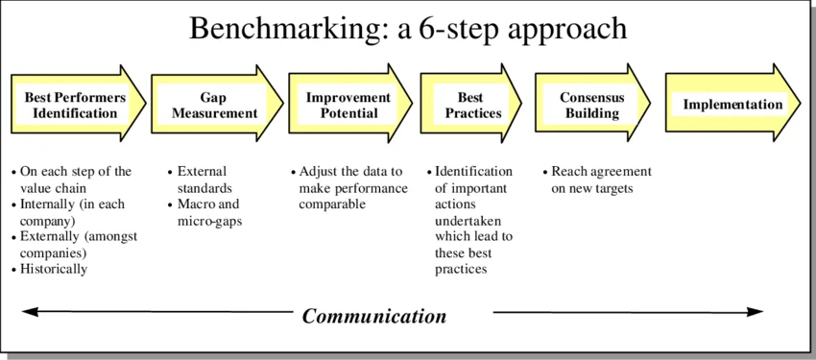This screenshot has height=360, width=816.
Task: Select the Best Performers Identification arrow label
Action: (75, 105)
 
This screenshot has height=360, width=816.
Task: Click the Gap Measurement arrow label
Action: (214, 105)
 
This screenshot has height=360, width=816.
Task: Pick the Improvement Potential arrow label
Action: (348, 105)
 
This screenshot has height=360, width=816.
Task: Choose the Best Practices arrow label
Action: (471, 105)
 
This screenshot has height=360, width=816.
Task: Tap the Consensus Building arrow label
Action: (592, 105)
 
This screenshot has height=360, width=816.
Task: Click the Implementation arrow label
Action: (732, 105)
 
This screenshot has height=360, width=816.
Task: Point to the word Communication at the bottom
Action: (374, 316)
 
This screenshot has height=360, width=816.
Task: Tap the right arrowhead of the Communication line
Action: (757, 312)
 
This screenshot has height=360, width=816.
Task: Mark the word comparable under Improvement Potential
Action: (332, 204)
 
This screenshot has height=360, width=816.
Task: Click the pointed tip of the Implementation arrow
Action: (799, 105)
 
